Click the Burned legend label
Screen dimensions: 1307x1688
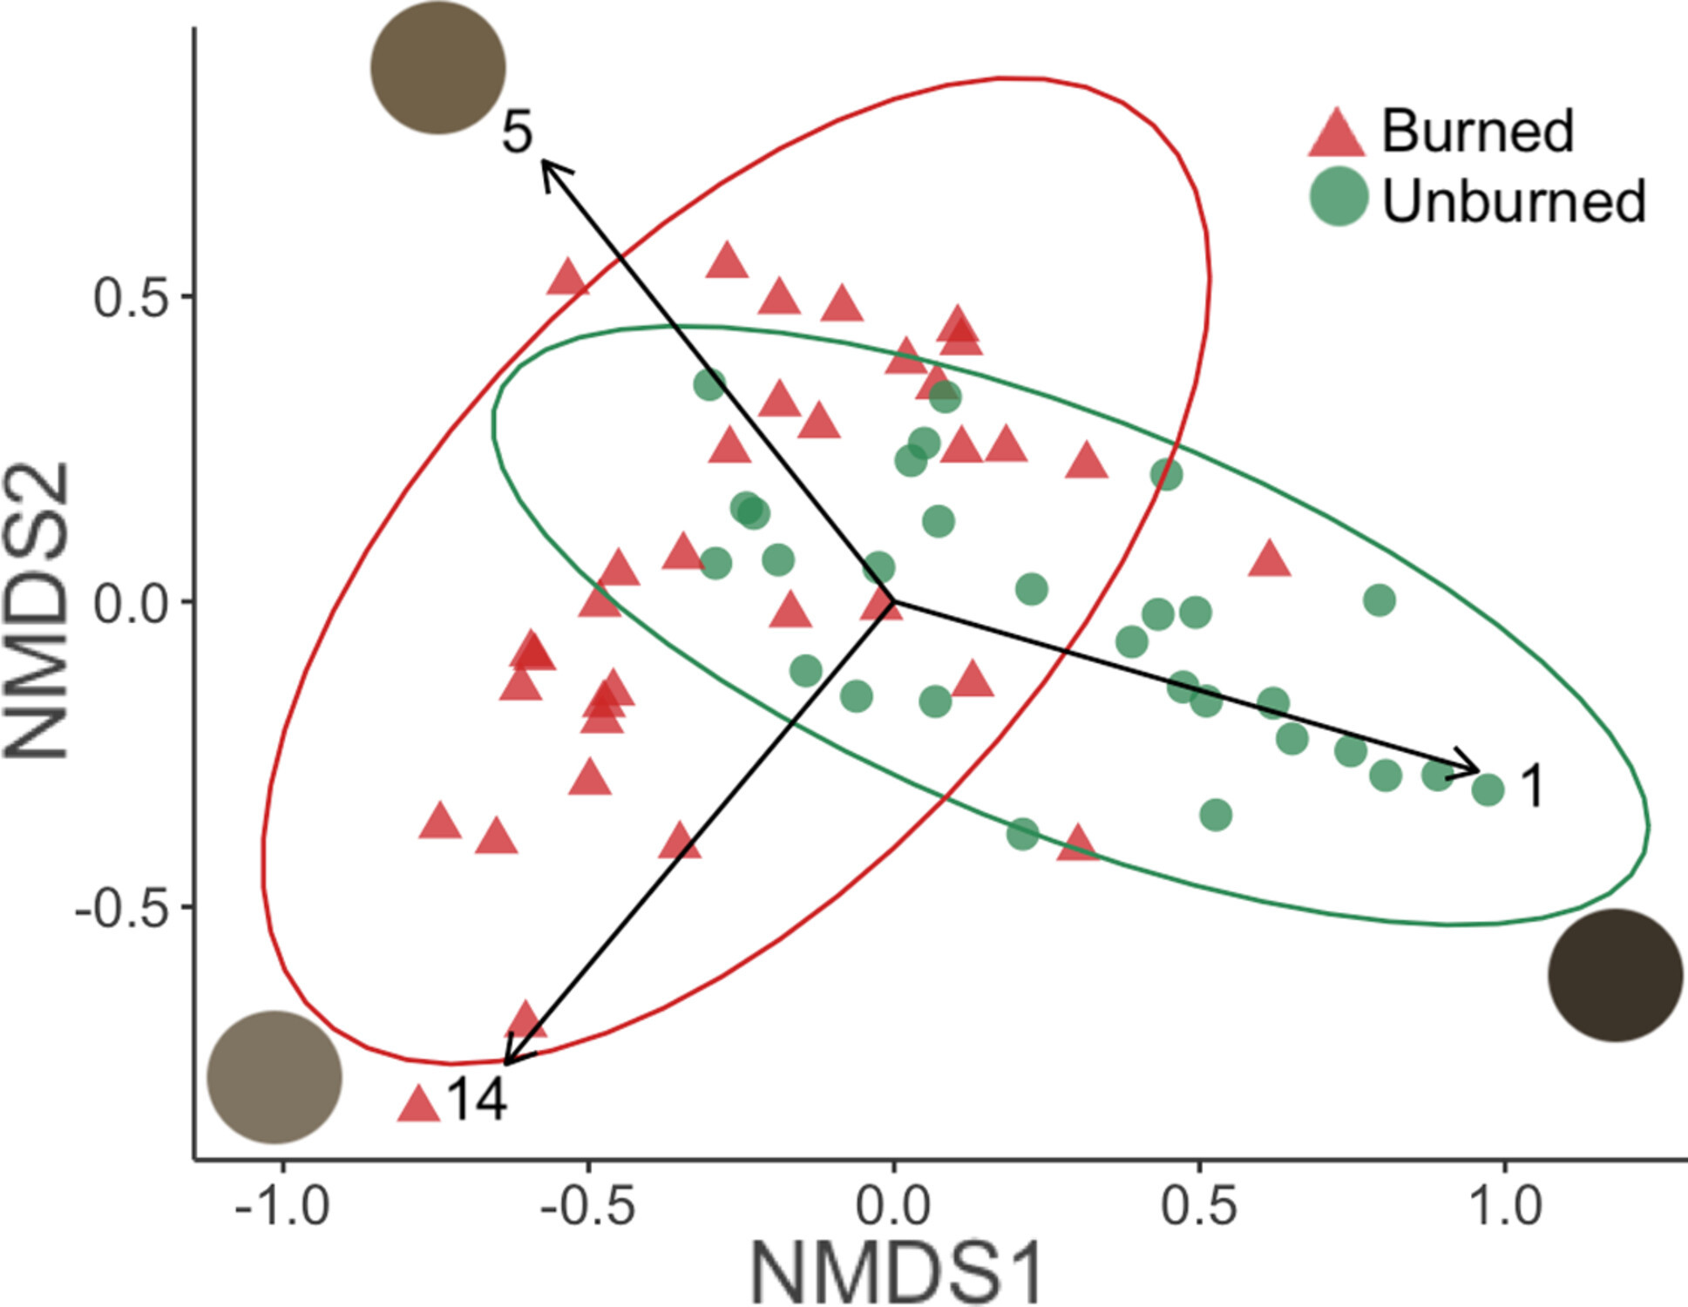[1477, 132]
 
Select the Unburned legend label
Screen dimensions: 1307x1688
[1514, 201]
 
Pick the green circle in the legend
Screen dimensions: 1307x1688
[1339, 197]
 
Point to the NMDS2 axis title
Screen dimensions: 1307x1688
[37, 610]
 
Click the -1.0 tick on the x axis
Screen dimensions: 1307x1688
[281, 1207]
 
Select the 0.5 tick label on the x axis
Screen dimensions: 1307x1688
[1199, 1207]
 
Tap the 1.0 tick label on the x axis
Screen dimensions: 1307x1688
[1505, 1207]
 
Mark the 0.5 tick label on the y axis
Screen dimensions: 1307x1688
[129, 297]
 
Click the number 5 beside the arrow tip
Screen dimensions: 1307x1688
[516, 132]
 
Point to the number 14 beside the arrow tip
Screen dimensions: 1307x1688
[477, 1100]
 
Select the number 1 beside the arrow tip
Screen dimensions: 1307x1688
[1533, 787]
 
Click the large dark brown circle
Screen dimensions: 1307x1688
[1615, 975]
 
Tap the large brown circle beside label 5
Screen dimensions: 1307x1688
[438, 67]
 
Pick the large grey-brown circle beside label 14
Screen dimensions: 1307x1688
[275, 1077]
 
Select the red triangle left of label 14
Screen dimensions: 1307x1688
[418, 1105]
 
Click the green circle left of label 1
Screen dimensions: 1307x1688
[1488, 789]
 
